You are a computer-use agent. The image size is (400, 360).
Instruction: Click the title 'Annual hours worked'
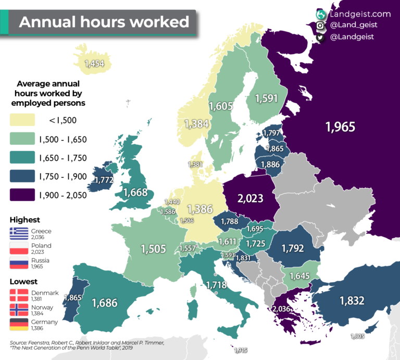pyautogui.click(x=104, y=22)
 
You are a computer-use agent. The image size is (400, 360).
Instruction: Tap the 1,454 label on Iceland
pyautogui.click(x=94, y=64)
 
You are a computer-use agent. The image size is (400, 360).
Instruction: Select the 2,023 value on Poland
pyautogui.click(x=250, y=198)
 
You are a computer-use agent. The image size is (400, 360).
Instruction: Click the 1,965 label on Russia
pyautogui.click(x=340, y=127)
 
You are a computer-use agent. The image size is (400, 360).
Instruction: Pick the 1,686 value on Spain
pyautogui.click(x=105, y=302)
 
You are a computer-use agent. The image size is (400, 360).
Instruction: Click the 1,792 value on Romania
pyautogui.click(x=292, y=249)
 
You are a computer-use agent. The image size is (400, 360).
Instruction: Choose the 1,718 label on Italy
pyautogui.click(x=216, y=284)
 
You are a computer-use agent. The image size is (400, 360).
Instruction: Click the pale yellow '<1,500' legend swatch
pyautogui.click(x=22, y=120)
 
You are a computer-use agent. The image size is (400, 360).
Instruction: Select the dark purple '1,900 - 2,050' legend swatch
pyautogui.click(x=22, y=195)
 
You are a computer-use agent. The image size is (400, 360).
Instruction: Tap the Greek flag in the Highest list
pyautogui.click(x=22, y=233)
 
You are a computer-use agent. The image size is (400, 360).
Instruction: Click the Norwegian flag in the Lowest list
pyautogui.click(x=22, y=310)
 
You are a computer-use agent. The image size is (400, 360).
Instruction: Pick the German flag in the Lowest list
pyautogui.click(x=22, y=325)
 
